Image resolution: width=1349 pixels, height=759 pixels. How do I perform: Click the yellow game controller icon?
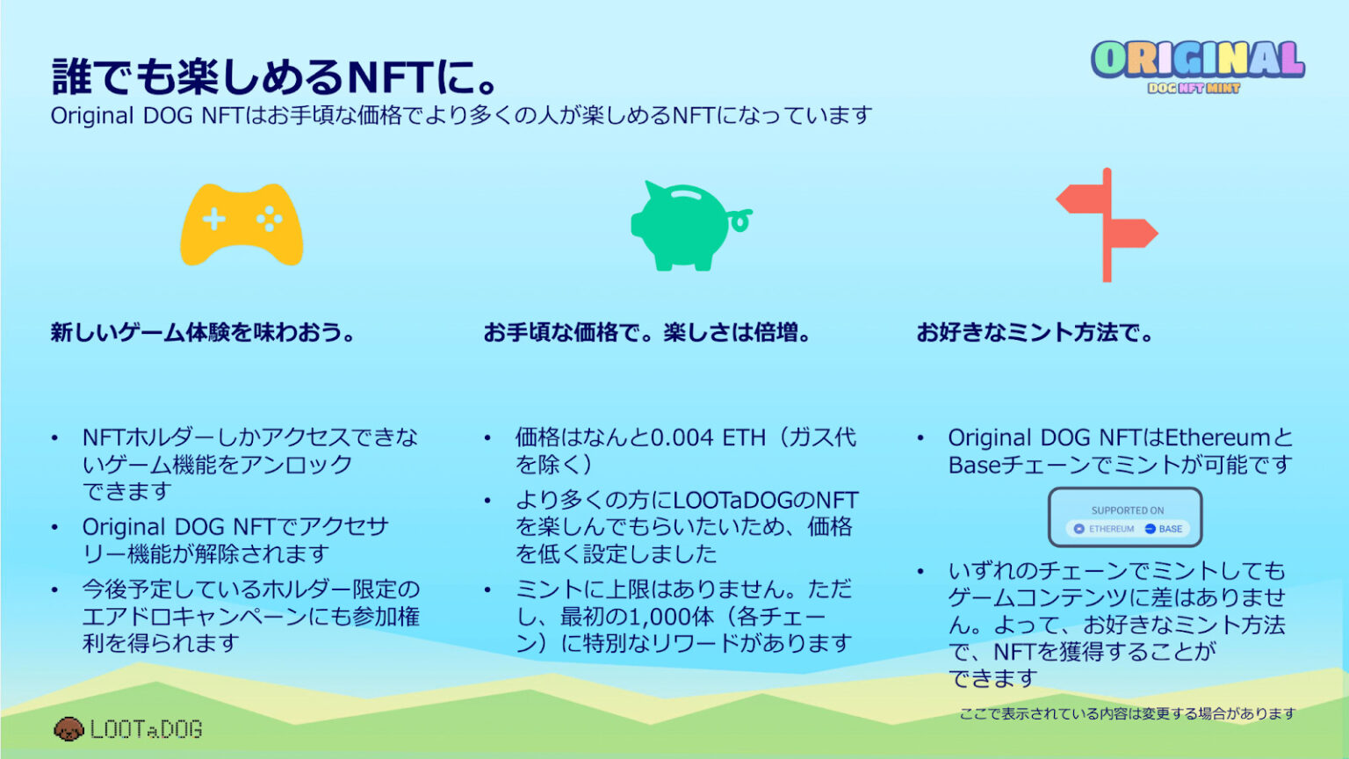point(242,225)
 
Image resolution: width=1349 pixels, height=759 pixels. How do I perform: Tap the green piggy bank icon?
point(683,226)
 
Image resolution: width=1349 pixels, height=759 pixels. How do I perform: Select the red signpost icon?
point(1107,225)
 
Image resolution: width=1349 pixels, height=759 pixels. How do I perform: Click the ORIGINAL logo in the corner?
point(1197,60)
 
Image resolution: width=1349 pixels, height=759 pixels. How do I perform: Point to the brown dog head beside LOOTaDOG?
point(69,728)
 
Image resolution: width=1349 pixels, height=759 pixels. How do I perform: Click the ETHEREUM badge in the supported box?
point(1104,529)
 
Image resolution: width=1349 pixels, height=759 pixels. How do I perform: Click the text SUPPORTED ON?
point(1127,510)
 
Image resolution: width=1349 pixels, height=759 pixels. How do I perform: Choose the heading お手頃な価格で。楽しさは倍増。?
point(648,333)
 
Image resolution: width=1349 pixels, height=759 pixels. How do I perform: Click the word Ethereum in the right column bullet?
point(1217,437)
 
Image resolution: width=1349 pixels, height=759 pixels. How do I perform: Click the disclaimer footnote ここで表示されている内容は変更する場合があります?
point(1127,713)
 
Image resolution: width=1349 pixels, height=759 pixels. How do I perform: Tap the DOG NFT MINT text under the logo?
point(1194,88)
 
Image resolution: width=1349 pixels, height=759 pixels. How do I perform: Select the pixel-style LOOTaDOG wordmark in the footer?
point(146,729)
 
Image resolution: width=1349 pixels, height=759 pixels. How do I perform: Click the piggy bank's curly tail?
point(740,220)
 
